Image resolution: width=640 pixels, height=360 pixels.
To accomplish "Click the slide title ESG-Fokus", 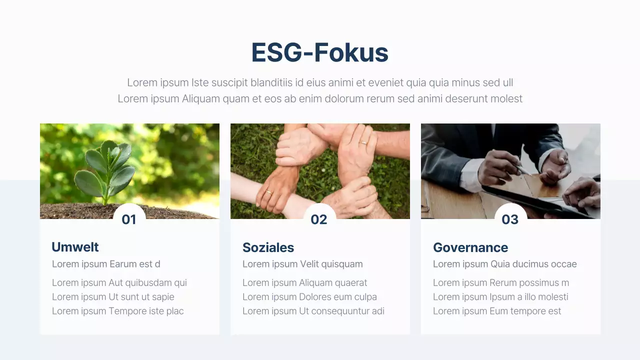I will (x=319, y=52).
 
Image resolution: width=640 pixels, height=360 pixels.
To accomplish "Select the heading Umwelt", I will (x=75, y=247).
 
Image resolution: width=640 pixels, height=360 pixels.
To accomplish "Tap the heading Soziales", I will (x=268, y=247).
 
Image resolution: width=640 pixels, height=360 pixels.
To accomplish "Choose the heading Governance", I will (x=470, y=247).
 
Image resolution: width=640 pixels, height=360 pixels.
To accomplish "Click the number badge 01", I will (x=129, y=219).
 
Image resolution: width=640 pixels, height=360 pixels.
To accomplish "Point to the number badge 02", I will (x=319, y=219).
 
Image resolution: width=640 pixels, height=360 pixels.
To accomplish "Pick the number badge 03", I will (x=510, y=219).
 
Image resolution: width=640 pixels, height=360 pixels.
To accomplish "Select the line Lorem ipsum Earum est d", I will (x=106, y=264).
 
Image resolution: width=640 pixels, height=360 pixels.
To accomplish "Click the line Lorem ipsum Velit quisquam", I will (x=302, y=264).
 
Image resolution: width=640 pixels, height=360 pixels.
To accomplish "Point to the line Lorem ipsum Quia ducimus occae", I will (x=504, y=264).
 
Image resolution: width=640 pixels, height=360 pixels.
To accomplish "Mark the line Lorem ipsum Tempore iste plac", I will (x=117, y=311).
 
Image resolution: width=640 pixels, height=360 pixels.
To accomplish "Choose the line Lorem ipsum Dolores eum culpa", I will (x=309, y=297).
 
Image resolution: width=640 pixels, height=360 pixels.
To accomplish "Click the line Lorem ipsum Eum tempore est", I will (x=496, y=311).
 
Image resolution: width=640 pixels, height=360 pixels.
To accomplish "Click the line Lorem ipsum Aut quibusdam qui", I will (x=119, y=283).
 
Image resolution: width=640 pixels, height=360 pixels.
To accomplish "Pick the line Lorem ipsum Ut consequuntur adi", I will (x=313, y=311).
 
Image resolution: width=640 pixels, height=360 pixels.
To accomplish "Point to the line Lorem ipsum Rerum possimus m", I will (x=500, y=283).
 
